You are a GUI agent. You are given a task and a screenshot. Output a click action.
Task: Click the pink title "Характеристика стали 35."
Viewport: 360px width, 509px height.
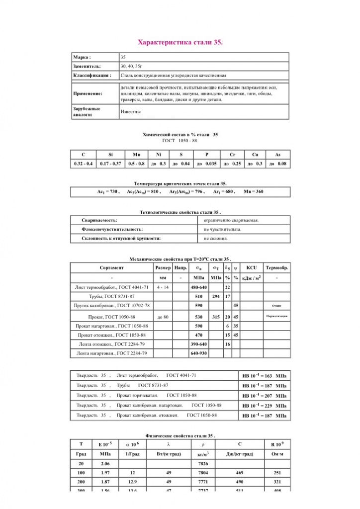(x=180, y=43)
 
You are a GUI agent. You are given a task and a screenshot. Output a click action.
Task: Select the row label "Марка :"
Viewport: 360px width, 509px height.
(x=82, y=58)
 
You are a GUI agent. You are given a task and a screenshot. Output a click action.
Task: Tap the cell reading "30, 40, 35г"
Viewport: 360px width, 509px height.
(x=130, y=66)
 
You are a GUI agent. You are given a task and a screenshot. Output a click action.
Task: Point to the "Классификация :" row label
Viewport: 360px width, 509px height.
(x=92, y=76)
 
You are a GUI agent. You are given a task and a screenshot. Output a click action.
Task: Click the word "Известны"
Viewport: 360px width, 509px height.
(x=130, y=111)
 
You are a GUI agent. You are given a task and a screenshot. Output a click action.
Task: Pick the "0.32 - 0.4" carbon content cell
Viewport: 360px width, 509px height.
(x=83, y=164)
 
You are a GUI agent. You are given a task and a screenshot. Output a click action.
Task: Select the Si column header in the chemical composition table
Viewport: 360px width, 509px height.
(x=110, y=155)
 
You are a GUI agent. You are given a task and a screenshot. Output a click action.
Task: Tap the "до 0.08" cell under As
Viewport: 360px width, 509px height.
(x=278, y=164)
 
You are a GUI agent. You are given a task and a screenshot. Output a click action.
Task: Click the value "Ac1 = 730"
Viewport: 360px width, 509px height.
(x=108, y=191)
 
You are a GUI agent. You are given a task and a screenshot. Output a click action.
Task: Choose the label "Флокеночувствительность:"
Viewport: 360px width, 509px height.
(x=112, y=229)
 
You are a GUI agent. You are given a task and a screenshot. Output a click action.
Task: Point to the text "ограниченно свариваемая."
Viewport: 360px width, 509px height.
(x=231, y=220)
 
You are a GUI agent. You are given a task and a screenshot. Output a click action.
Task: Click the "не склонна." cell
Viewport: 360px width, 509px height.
(x=216, y=239)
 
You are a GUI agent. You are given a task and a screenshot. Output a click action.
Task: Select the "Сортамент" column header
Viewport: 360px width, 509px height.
(x=111, y=267)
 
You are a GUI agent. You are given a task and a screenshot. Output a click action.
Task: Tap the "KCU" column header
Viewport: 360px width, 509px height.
(x=251, y=267)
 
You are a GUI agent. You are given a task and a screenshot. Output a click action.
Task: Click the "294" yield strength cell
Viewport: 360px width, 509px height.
(x=216, y=296)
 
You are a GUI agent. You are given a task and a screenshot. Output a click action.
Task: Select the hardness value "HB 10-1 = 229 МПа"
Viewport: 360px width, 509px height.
(x=264, y=406)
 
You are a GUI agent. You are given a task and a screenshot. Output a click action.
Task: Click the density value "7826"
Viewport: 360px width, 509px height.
(x=203, y=463)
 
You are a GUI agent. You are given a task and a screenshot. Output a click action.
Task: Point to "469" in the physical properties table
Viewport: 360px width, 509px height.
(x=240, y=472)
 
